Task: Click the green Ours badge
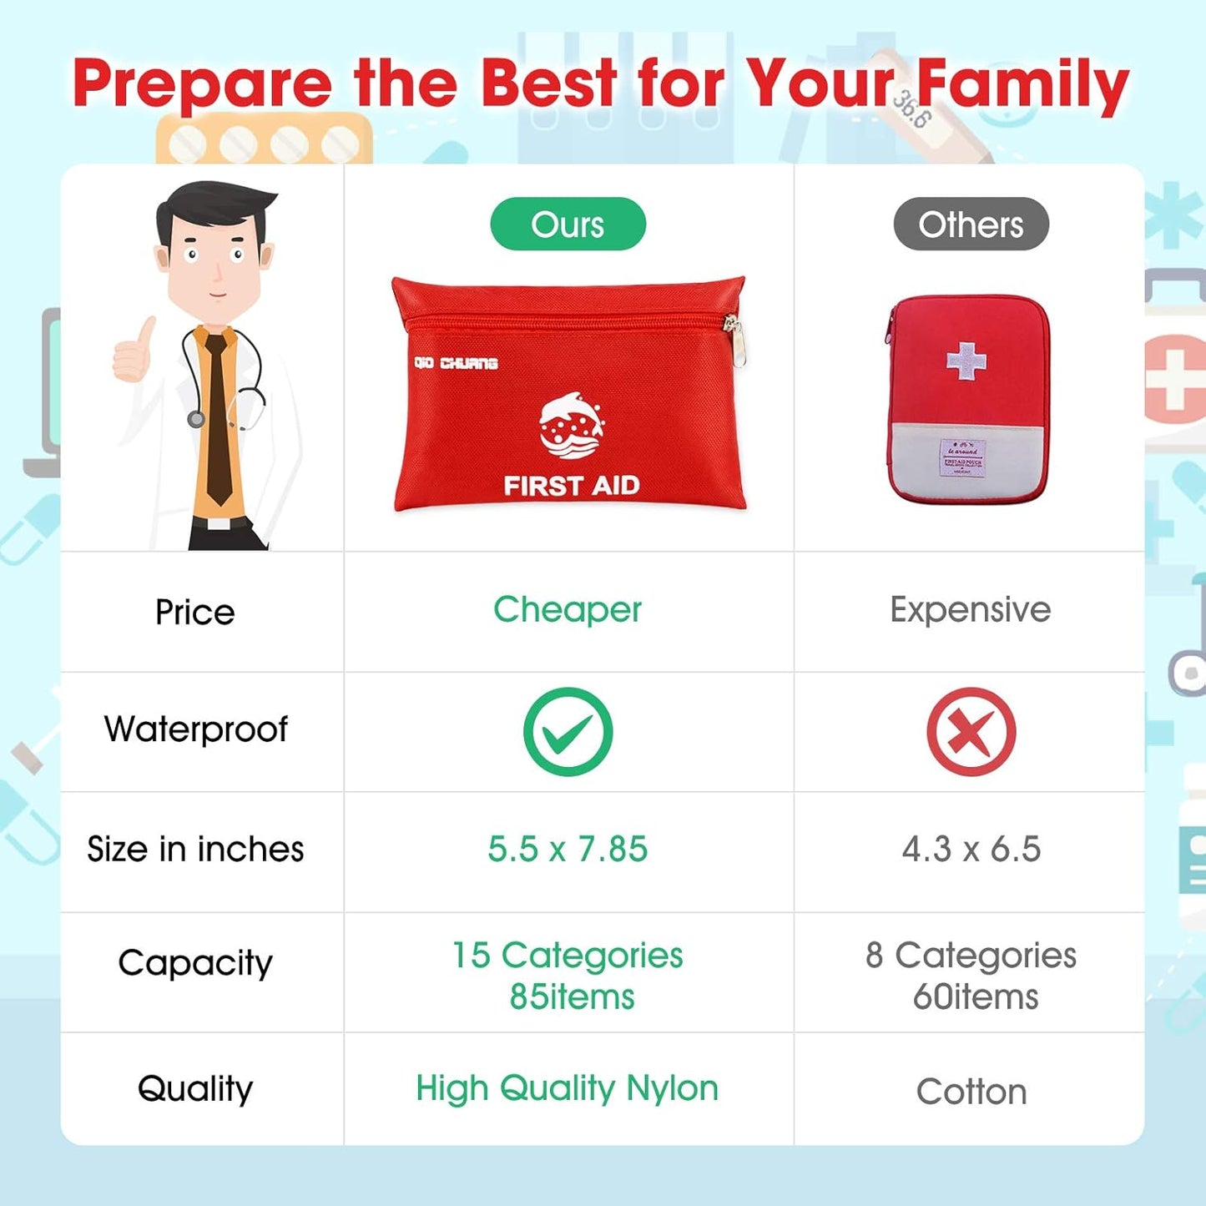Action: [568, 224]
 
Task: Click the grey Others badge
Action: [971, 224]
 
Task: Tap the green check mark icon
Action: [568, 731]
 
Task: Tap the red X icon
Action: [971, 731]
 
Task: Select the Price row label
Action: [194, 612]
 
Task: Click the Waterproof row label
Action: [195, 729]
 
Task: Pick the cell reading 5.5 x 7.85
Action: [568, 849]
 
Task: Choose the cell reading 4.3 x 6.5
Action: [971, 849]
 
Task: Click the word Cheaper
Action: [568, 609]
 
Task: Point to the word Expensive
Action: [970, 609]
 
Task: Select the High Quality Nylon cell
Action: [568, 1088]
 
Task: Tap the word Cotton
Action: [971, 1092]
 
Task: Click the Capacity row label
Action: [195, 963]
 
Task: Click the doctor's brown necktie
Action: [219, 417]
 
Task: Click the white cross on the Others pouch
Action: [966, 361]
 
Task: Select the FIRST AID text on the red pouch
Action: [572, 485]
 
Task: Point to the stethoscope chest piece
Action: [196, 418]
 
